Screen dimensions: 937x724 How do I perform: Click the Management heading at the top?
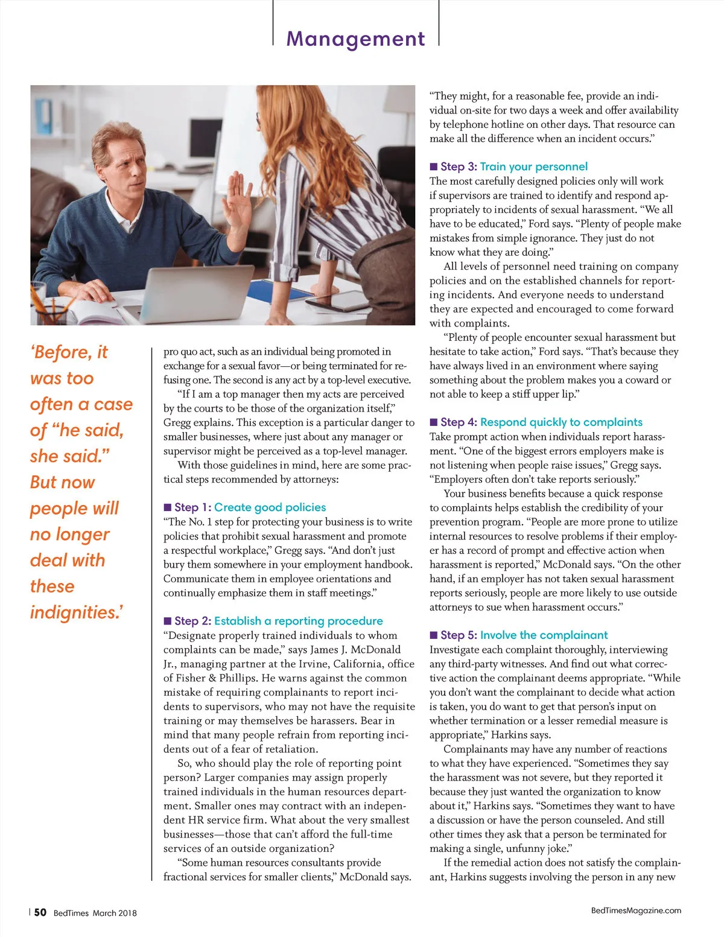pos(355,39)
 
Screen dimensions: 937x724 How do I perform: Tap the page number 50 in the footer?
pos(40,912)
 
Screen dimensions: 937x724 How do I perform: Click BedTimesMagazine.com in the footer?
pos(636,910)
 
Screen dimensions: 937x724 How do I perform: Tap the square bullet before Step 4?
pos(433,422)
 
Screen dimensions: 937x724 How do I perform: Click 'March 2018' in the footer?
pos(115,913)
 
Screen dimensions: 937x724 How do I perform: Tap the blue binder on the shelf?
pos(44,116)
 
